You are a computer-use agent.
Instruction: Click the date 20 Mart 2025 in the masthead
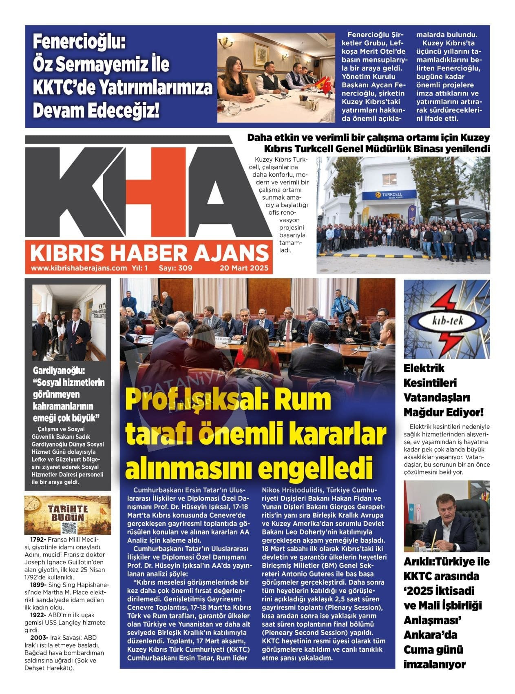click(244, 268)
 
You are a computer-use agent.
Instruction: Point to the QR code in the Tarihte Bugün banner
click(69, 528)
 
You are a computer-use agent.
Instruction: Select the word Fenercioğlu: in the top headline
click(80, 42)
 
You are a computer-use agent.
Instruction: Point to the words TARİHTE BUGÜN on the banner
click(68, 513)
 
